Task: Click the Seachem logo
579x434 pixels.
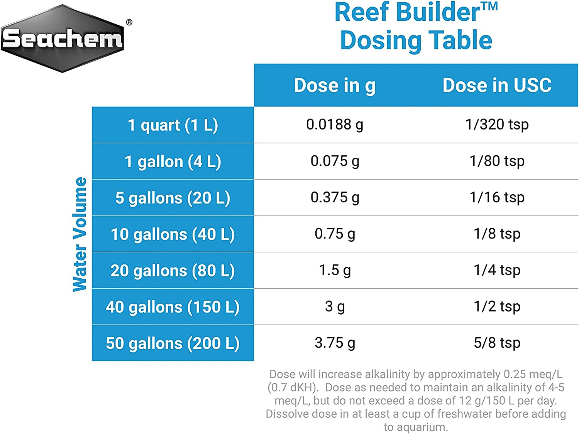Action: click(x=63, y=39)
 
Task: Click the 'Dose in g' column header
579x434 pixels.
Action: click(x=335, y=85)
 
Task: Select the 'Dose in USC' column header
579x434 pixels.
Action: click(x=497, y=85)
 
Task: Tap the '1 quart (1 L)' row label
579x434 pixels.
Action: click(x=173, y=125)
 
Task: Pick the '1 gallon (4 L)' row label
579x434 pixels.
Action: click(x=173, y=161)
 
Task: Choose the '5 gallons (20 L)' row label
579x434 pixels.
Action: click(x=173, y=198)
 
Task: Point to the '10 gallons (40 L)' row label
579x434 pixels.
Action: click(x=173, y=234)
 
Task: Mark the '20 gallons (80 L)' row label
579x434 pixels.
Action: click(x=173, y=271)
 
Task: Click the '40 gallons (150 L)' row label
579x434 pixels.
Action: click(x=173, y=307)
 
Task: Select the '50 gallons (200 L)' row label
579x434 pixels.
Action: click(x=173, y=343)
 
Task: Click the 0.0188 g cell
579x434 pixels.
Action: click(x=335, y=124)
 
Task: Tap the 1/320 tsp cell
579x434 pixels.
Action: click(x=497, y=124)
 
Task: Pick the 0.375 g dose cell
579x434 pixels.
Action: click(x=335, y=197)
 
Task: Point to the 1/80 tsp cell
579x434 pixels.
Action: click(x=497, y=161)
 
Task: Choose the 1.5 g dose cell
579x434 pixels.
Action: click(x=335, y=270)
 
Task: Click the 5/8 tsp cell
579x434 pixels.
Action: click(x=497, y=343)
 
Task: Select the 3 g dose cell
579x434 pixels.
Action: click(x=335, y=306)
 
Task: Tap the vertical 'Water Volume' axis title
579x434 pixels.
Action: click(x=80, y=234)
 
